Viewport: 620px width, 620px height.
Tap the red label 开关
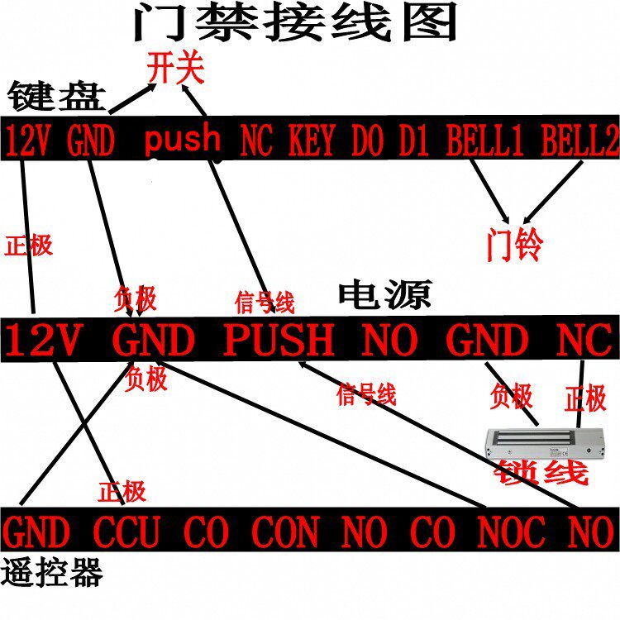coord(174,68)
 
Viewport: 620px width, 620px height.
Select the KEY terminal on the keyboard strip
coord(311,141)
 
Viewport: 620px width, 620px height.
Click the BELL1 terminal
coord(485,141)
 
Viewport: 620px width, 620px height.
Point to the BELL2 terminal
coord(580,141)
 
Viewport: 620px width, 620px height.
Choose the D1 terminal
coord(413,141)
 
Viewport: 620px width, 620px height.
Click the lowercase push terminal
coord(183,141)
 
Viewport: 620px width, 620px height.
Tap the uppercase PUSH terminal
coord(279,340)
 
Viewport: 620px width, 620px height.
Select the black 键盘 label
coord(57,98)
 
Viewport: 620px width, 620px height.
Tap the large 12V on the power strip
coord(46,340)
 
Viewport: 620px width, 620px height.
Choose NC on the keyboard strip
coord(256,141)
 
